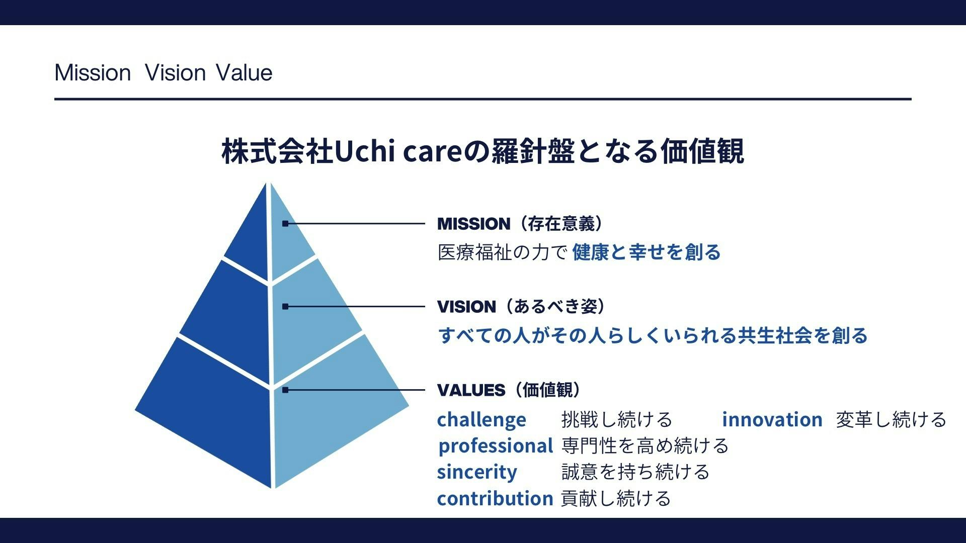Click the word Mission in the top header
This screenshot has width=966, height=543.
click(x=93, y=73)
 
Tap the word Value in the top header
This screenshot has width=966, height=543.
click(x=244, y=73)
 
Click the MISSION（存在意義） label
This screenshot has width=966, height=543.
click(x=521, y=224)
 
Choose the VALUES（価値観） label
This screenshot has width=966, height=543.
click(x=509, y=390)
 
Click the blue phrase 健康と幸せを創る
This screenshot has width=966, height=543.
click(x=647, y=252)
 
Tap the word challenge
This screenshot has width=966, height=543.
click(x=481, y=420)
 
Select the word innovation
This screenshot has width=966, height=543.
click(x=772, y=419)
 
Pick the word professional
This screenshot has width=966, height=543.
click(x=496, y=446)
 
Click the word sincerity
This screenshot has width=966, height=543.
click(x=477, y=472)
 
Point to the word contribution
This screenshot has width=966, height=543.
click(x=495, y=498)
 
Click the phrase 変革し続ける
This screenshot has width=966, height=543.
click(x=892, y=419)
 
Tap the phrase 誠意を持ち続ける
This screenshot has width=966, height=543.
click(x=635, y=472)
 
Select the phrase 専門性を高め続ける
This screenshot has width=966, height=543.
click(x=645, y=446)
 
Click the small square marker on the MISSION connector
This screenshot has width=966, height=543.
click(x=285, y=224)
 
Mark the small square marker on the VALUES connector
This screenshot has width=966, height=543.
click(x=285, y=390)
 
